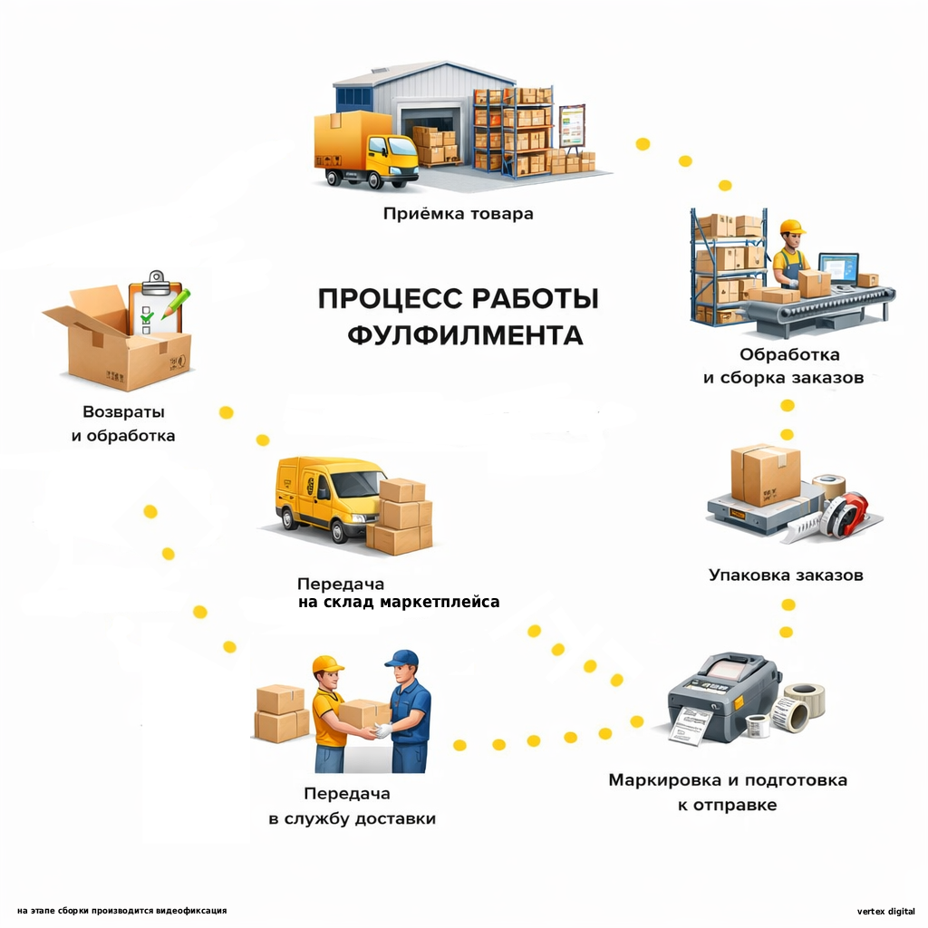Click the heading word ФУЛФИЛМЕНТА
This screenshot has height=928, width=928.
pyautogui.click(x=465, y=335)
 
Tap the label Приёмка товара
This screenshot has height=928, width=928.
pyautogui.click(x=458, y=214)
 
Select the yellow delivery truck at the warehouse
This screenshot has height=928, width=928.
pyautogui.click(x=365, y=148)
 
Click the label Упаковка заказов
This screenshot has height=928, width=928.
pyautogui.click(x=786, y=575)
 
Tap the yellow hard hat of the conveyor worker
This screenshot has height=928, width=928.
pyautogui.click(x=792, y=227)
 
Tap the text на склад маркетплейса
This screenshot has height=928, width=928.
pyautogui.click(x=399, y=602)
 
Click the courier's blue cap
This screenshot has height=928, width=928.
pyautogui.click(x=401, y=659)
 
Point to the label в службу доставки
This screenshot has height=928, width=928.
pyautogui.click(x=353, y=818)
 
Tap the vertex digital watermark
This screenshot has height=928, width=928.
pyautogui.click(x=885, y=911)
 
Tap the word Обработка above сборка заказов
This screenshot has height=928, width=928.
pyautogui.click(x=789, y=354)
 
